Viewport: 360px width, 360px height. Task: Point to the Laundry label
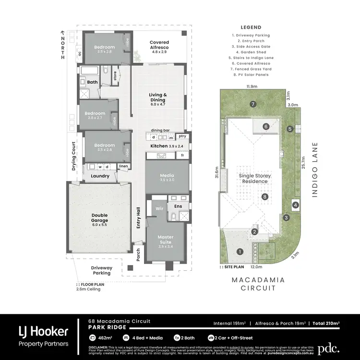tap(100, 176)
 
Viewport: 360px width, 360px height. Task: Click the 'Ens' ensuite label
tap(178, 207)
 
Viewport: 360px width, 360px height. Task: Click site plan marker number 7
tap(252, 104)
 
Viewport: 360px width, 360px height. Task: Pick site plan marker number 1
tap(240, 251)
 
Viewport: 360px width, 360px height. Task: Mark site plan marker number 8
tap(264, 196)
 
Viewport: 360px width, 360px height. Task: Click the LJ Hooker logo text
tap(43, 331)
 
